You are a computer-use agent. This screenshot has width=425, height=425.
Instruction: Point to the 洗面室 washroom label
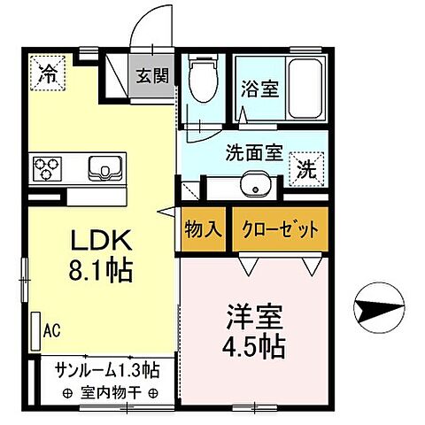[251, 151]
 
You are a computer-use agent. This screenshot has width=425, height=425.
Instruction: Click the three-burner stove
[47, 166]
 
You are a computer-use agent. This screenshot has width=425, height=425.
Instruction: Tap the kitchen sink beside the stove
[102, 166]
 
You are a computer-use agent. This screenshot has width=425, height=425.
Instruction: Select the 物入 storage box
[204, 229]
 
